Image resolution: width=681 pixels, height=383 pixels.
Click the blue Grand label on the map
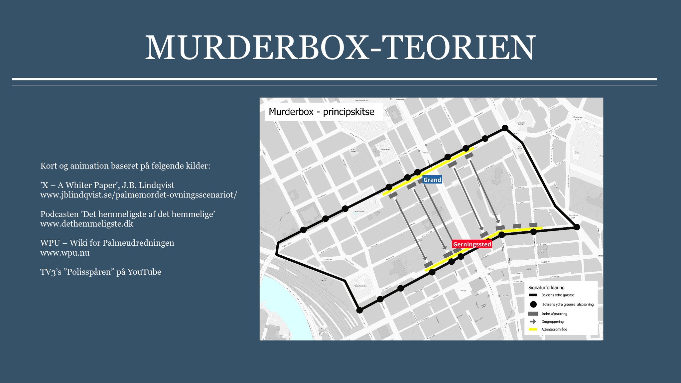(432, 180)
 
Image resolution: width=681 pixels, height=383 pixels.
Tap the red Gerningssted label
(472, 244)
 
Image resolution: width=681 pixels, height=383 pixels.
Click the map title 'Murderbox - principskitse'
(321, 112)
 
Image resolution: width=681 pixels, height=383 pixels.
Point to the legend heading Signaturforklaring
(546, 288)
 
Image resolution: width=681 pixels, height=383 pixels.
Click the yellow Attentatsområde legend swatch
(533, 329)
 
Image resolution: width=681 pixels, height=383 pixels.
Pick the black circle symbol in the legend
(533, 304)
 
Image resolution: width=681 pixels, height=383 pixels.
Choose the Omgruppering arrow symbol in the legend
(533, 321)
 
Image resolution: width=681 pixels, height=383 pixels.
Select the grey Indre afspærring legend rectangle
(533, 314)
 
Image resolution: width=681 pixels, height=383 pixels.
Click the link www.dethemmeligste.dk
(87, 224)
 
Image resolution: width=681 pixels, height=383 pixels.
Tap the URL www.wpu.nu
(65, 253)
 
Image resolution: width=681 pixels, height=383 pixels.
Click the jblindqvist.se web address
(138, 195)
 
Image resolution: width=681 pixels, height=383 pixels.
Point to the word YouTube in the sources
(144, 272)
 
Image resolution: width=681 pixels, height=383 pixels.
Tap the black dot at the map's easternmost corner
(577, 227)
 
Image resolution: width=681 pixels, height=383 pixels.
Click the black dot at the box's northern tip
(505, 128)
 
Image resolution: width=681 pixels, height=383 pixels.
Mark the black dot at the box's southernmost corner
(359, 310)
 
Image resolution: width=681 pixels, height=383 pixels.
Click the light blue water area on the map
(283, 309)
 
